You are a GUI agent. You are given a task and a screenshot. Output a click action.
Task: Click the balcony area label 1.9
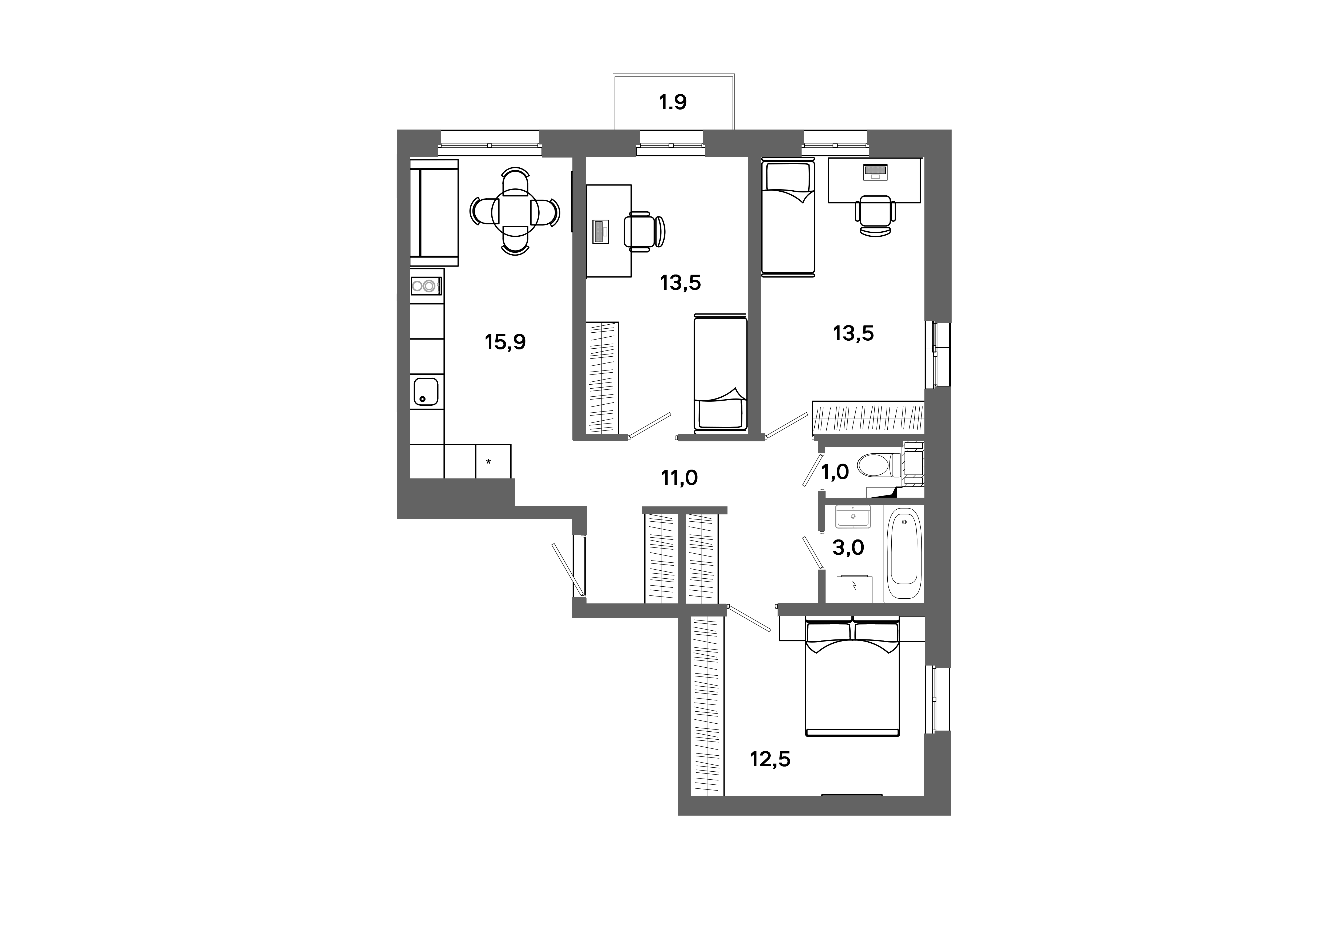click(x=673, y=102)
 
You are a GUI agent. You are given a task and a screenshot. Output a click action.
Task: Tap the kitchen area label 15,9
click(x=505, y=342)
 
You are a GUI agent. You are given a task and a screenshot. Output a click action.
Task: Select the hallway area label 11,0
click(x=680, y=477)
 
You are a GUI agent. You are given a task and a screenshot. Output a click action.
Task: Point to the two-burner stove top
click(x=426, y=285)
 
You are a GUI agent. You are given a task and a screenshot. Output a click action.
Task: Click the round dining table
click(x=515, y=211)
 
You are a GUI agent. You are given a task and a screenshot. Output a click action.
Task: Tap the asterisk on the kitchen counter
click(x=488, y=462)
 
